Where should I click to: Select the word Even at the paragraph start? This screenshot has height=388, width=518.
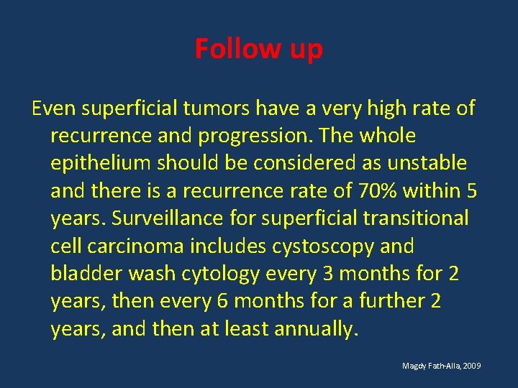point(53,108)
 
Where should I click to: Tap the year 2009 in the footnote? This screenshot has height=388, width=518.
point(472,366)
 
